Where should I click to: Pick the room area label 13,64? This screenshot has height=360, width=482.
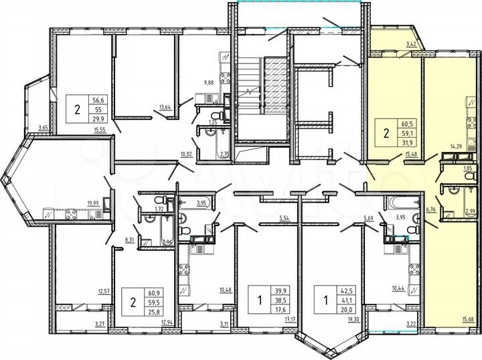[x=165, y=106]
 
